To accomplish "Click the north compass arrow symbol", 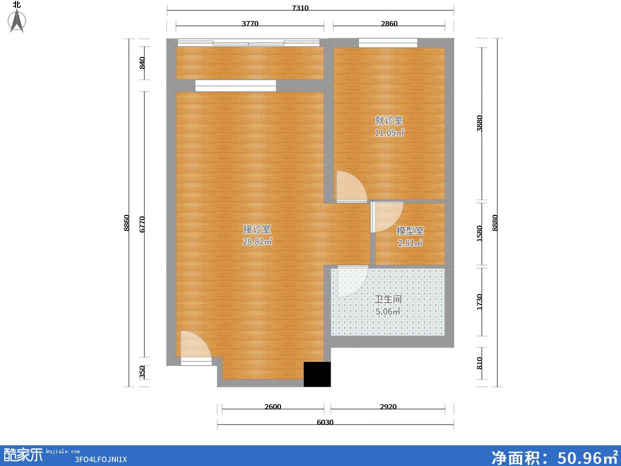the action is click(x=17, y=21).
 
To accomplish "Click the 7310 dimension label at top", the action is click(x=300, y=8).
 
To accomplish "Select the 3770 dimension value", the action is click(x=250, y=23).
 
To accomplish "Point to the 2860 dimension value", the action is click(x=389, y=23).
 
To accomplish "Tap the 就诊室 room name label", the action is click(x=389, y=121).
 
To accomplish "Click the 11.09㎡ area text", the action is click(x=389, y=133).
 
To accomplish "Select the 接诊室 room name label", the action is click(x=257, y=229).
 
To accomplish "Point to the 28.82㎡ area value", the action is click(x=257, y=241).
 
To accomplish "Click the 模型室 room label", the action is click(x=410, y=231).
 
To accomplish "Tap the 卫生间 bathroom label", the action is click(x=388, y=299).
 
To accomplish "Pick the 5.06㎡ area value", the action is click(x=388, y=311).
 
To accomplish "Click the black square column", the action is click(x=317, y=374).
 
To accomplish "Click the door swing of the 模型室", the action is click(x=387, y=217).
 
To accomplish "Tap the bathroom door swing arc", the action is click(x=353, y=282).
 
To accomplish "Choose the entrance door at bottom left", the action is click(x=196, y=348).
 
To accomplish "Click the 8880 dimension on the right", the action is click(x=495, y=223).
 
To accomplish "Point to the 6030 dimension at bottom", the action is click(x=325, y=423).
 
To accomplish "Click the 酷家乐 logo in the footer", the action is click(x=23, y=455).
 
